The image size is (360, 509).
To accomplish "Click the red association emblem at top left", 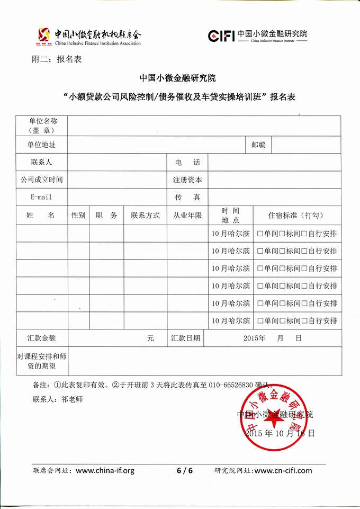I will click(44, 35).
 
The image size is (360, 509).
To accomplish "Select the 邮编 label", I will click(258, 145).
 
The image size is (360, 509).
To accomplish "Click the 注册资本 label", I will click(187, 180).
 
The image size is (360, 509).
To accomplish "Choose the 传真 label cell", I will click(187, 197).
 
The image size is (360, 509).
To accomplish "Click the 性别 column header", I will click(78, 216).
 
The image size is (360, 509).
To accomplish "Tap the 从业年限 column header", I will click(187, 216).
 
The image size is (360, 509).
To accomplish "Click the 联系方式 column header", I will click(145, 216).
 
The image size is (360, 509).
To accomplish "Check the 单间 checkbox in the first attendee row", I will click(260, 234).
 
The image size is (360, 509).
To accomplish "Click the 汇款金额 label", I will click(41, 338).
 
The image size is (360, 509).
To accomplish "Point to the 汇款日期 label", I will click(185, 338).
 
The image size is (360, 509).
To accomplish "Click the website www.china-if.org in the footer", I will click(105, 470).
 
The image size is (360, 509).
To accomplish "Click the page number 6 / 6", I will click(185, 470).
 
